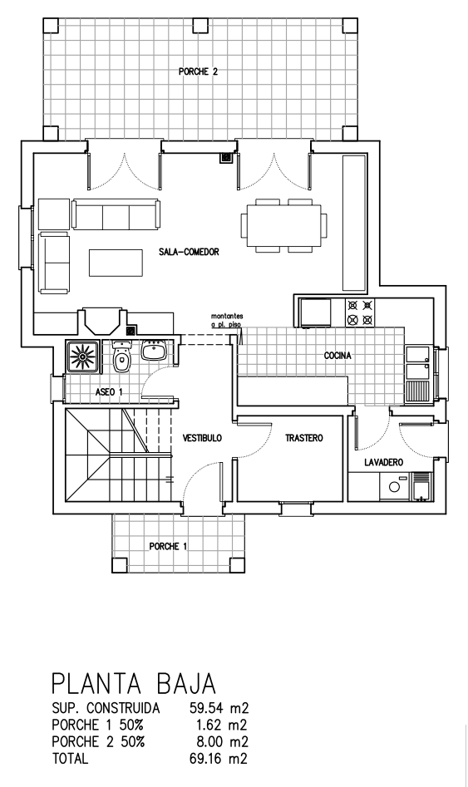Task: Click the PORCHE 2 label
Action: pos(199,71)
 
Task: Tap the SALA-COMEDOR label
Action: pos(189,252)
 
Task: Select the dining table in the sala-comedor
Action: pos(283,225)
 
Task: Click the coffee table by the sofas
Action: pos(116,263)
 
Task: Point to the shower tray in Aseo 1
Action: pos(82,357)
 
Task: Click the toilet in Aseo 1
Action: pos(121,357)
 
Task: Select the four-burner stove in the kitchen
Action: pos(360,312)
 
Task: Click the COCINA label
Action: pos(337,356)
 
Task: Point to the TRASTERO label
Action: pos(303,438)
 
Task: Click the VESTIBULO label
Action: pos(202,438)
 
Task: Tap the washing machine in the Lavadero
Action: pos(395,486)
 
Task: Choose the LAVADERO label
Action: pos(384,463)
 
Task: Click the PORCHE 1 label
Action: pos(168,546)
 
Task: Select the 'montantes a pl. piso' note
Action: pos(227,320)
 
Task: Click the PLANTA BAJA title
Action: pos(134,684)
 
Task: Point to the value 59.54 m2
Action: pos(219,708)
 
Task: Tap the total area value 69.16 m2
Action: pos(219,758)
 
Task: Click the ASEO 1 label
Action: pos(109,392)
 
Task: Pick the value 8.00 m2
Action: pos(222,741)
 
